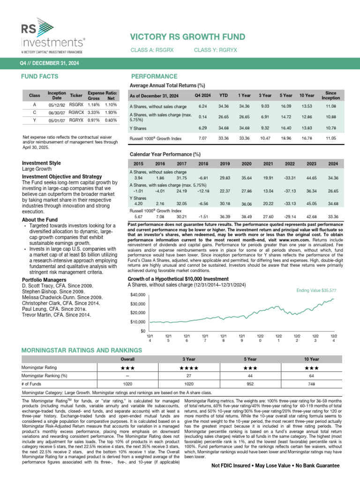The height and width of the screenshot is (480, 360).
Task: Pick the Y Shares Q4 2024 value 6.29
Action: (x=202, y=127)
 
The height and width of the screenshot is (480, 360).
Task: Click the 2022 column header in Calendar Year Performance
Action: (x=290, y=164)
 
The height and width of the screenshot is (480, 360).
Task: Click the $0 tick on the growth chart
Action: (x=141, y=331)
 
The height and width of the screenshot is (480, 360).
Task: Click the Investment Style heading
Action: (x=42, y=163)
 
